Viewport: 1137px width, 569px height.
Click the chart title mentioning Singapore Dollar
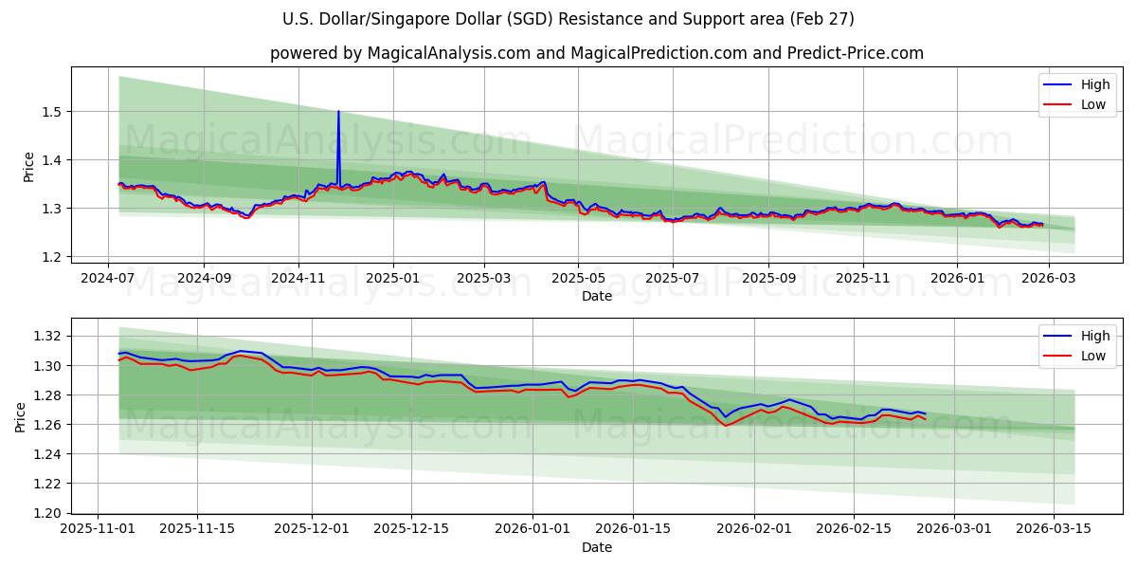[568, 19]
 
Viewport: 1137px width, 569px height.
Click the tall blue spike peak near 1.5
[338, 112]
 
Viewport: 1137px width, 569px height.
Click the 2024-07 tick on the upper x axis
[107, 279]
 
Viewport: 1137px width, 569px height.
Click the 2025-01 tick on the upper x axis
[391, 279]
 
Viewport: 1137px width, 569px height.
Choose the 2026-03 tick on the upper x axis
[1047, 279]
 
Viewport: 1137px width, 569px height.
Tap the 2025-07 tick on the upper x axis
[672, 279]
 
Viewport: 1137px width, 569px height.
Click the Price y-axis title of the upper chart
[28, 167]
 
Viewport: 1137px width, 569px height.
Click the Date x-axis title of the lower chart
[597, 547]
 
